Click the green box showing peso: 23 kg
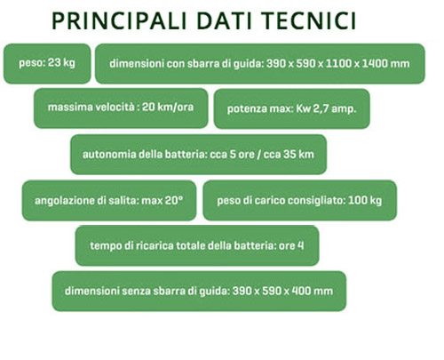click(x=47, y=63)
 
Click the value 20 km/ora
click(x=168, y=107)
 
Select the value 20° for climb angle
click(x=174, y=200)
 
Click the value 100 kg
click(x=365, y=201)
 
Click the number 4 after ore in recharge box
click(x=301, y=245)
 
